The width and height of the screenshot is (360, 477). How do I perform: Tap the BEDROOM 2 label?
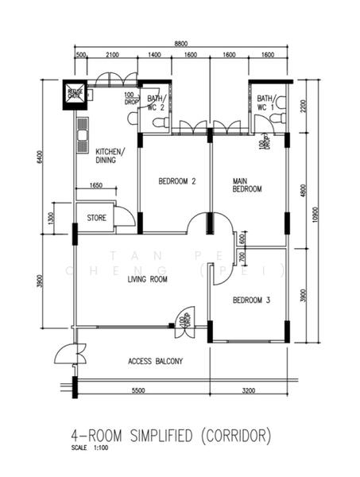[x=177, y=181]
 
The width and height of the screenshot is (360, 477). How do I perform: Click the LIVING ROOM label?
[x=148, y=279]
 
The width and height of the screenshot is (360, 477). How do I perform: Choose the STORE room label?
[x=96, y=216]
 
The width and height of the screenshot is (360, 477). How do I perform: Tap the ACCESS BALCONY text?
[x=156, y=361]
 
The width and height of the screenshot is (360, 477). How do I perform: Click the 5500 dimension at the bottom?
[x=137, y=391]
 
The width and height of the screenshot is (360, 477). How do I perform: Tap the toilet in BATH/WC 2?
[x=159, y=122]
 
